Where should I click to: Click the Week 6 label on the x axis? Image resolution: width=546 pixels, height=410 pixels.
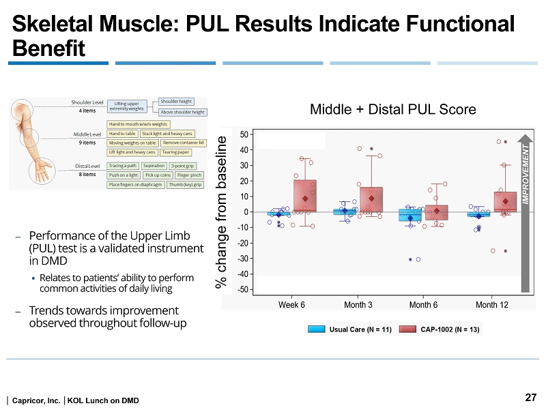point(292,304)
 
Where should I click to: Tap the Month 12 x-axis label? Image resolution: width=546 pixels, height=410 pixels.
point(491,304)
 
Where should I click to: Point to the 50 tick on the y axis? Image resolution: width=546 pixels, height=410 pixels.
point(244,134)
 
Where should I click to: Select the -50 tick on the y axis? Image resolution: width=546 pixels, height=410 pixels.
point(243,291)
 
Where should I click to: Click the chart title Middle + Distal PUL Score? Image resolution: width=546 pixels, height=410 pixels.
point(392,109)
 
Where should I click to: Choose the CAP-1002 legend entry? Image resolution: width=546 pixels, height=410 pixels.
point(440,330)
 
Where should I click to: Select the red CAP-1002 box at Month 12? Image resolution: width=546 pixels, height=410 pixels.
point(505,203)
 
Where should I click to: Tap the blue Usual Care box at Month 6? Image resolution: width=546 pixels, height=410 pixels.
point(409,214)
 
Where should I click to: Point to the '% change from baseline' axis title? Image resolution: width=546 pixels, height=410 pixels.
point(222,211)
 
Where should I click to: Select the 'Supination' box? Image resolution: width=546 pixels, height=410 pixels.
point(154,166)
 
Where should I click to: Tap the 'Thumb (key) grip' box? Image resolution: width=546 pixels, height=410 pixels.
point(185,184)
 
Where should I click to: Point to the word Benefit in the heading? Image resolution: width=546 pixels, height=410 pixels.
point(48,49)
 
